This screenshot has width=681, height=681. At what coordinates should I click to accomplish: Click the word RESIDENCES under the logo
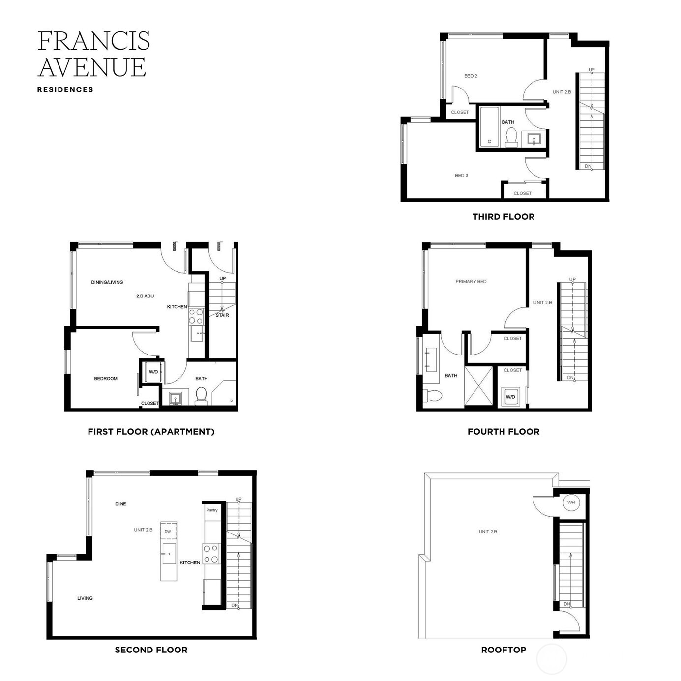click(65, 90)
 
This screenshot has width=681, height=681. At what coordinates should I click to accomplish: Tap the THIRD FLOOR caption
click(503, 217)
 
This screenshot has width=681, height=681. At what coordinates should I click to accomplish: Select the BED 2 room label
click(471, 76)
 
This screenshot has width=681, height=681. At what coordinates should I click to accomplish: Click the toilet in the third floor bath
click(511, 137)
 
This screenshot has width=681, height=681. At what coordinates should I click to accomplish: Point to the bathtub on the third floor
click(489, 126)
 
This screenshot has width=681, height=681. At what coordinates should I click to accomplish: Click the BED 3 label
click(461, 176)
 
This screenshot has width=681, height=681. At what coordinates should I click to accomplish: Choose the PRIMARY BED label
click(471, 282)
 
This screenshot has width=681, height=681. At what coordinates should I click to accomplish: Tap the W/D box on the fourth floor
click(510, 397)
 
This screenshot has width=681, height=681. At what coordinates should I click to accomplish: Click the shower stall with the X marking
click(479, 386)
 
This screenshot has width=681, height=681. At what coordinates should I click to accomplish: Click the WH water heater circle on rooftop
click(570, 503)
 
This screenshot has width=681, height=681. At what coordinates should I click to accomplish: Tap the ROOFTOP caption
click(503, 650)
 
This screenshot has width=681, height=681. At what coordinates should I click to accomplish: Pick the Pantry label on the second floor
click(212, 510)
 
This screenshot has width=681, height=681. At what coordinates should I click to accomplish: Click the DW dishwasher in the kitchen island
click(168, 532)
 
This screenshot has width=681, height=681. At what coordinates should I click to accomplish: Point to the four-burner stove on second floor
click(211, 554)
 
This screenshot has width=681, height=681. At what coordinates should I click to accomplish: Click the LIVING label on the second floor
click(85, 598)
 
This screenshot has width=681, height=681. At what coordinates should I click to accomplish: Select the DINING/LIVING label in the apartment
click(107, 282)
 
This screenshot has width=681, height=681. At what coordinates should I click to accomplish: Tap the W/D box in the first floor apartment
click(153, 372)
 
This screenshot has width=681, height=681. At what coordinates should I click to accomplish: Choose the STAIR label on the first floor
click(222, 315)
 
